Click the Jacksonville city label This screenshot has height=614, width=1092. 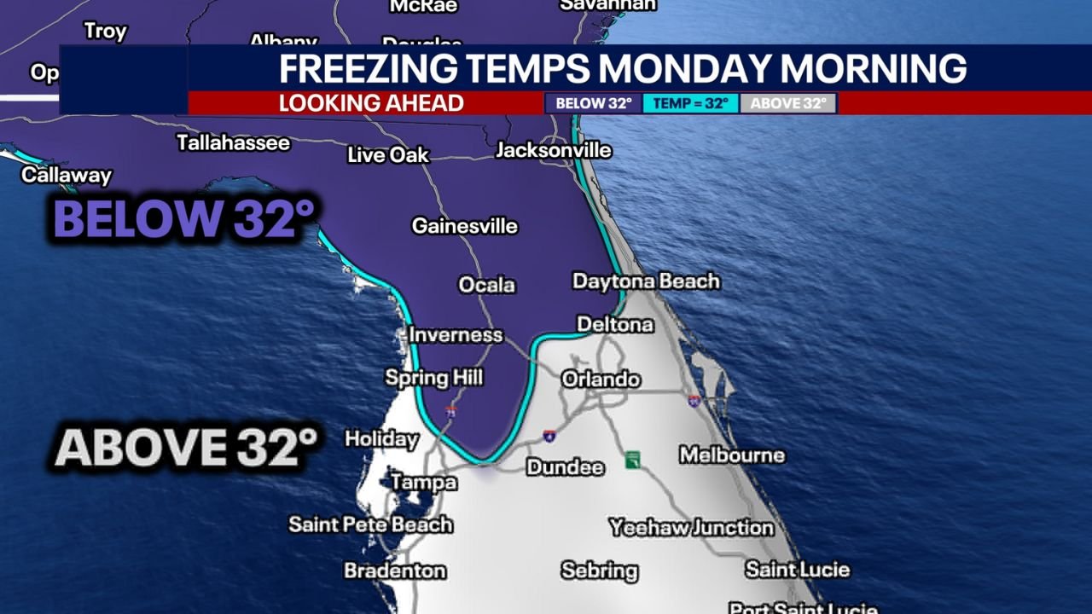pos(553,151)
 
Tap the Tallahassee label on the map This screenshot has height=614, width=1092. pos(233,142)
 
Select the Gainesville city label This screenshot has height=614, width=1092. pos(464,226)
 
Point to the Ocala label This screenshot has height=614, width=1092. pos(486,285)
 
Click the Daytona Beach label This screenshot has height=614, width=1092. pos(646,281)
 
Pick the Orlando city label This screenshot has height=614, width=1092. pos(601,379)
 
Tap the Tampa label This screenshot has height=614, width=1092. pos(423,483)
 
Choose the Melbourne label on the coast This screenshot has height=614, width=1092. pos(731,455)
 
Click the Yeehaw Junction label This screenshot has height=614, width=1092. pos(691,528)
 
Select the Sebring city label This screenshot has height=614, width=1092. pos(599,571)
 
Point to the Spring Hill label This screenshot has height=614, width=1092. pos(433,377)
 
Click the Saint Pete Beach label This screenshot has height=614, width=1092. pos(370,524)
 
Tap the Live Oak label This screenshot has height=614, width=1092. pos(388,155)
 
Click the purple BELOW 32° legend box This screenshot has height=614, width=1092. pos(594,103)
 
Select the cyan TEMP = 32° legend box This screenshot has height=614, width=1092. pos(690,103)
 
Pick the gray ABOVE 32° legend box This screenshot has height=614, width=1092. pos(787,103)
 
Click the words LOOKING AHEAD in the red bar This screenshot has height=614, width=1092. pos(371,103)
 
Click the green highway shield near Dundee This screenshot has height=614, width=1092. pos(632,460)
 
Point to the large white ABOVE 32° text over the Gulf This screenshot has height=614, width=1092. pos(186,447)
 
